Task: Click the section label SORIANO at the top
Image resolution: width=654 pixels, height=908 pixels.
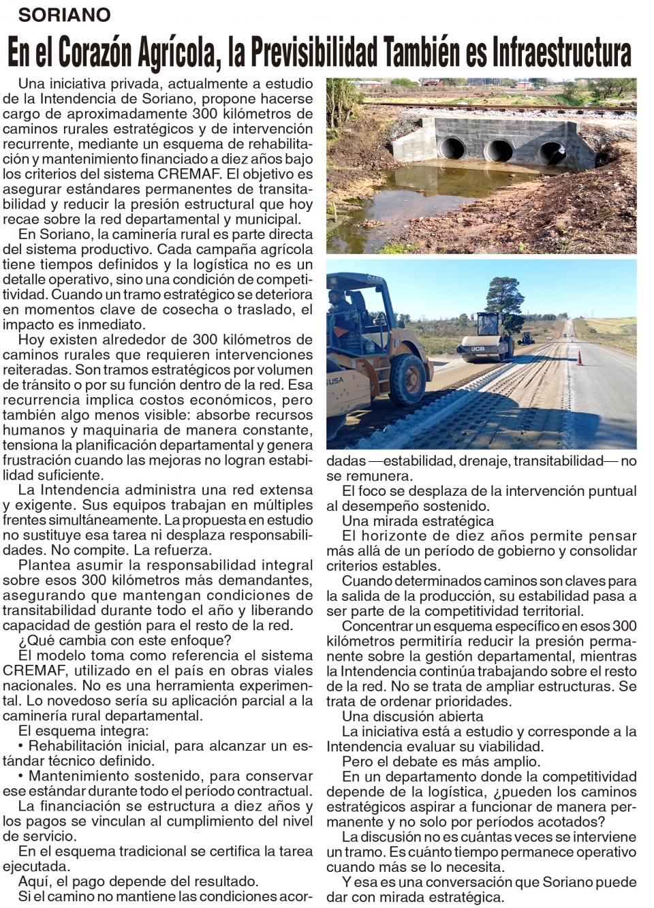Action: coord(64,14)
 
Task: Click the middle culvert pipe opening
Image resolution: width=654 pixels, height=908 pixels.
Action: coord(501,151)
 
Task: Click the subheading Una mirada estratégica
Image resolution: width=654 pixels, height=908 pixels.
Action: coord(418,521)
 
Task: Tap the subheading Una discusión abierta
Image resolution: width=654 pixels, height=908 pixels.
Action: coord(413,716)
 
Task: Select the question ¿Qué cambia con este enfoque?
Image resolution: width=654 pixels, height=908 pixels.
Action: coord(125,640)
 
